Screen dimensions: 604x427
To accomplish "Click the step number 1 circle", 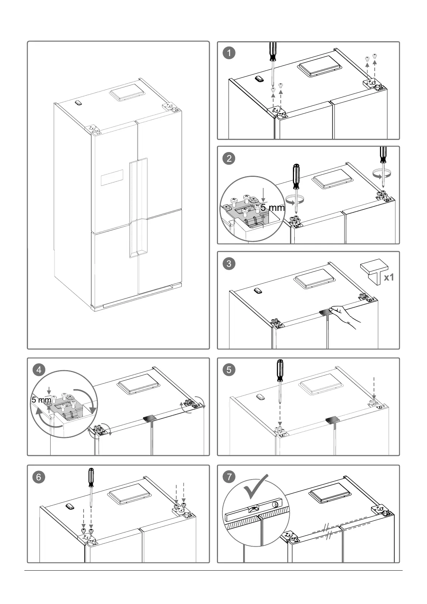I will (229, 53).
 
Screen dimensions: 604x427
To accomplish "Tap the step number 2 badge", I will (229, 158).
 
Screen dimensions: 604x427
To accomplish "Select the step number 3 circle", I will (229, 264).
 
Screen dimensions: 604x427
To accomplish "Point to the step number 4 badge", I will (39, 369).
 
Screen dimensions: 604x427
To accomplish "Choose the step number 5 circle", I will (229, 369).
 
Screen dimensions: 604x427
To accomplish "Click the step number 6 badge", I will (39, 477).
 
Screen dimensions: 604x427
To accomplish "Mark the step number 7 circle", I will (229, 477).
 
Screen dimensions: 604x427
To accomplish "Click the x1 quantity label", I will (389, 277).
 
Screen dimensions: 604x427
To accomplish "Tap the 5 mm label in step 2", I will (272, 208).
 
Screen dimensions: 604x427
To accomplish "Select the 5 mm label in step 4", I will (41, 400).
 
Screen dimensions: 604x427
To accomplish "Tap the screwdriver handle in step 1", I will (273, 52).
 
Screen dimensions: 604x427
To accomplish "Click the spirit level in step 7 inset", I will (256, 510).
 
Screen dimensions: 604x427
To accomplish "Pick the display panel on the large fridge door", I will (113, 178).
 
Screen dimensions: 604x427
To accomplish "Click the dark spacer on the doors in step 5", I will (332, 420).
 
